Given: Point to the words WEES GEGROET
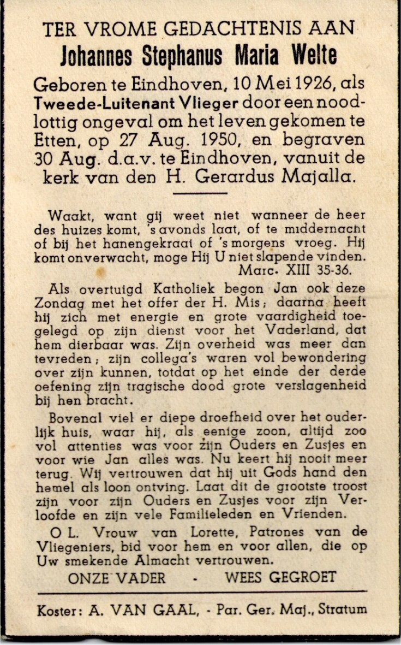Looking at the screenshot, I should click(280, 577).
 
